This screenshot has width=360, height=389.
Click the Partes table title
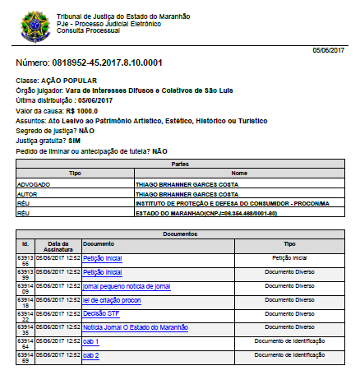[180, 164]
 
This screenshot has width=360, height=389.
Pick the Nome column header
[238, 174]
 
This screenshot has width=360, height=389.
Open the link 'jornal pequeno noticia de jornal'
[127, 287]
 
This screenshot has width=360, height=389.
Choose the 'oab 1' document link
[91, 340]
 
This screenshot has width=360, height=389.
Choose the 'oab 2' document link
[91, 354]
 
